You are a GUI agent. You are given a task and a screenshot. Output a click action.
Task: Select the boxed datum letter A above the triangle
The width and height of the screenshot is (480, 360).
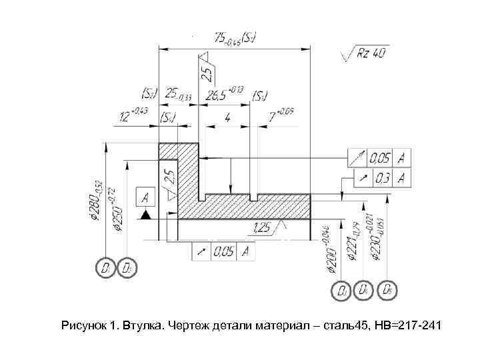[x=145, y=197]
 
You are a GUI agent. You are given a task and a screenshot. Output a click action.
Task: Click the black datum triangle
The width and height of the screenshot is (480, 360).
[x=145, y=214]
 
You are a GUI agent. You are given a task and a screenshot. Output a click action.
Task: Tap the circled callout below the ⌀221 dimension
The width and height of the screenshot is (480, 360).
[x=364, y=291]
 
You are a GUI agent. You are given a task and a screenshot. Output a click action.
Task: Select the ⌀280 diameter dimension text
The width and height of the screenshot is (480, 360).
[x=97, y=200]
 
